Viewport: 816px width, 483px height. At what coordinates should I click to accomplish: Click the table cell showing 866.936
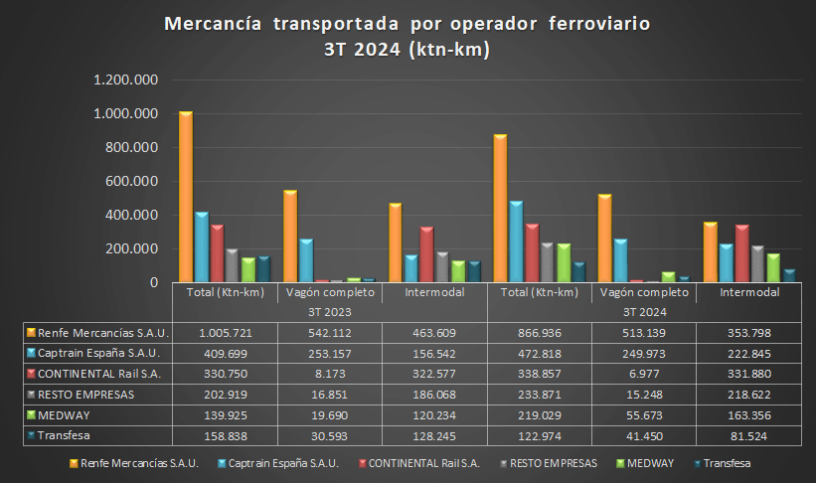(539, 332)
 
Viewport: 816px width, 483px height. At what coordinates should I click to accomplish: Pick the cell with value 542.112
(329, 332)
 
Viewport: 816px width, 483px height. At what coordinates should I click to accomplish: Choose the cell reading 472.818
(539, 353)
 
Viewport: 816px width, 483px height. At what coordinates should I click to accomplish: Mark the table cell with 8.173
(329, 374)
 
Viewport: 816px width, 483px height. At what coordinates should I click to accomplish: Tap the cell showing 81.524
(748, 435)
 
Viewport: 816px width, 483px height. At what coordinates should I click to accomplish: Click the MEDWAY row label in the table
(64, 415)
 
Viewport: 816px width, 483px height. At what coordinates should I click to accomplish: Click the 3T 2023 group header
(329, 311)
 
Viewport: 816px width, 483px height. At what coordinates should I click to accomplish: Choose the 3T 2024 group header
(644, 311)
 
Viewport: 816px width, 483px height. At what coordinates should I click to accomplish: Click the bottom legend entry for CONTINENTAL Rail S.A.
(423, 463)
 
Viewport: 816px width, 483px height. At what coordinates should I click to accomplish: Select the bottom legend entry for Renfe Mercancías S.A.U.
(136, 463)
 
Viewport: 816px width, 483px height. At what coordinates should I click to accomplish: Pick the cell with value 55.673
(644, 415)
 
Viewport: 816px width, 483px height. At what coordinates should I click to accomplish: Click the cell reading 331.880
(748, 374)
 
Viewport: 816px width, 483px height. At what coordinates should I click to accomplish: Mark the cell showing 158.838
(224, 435)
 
